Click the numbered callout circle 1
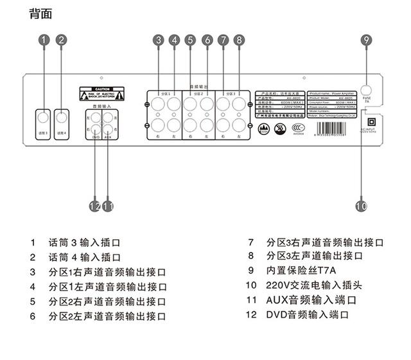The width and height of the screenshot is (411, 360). (43, 40)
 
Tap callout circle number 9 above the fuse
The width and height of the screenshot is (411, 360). (366, 40)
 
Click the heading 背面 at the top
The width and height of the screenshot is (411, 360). (40, 14)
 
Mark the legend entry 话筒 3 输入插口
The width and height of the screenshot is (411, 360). (84, 242)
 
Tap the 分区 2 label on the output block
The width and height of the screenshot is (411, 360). (198, 94)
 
